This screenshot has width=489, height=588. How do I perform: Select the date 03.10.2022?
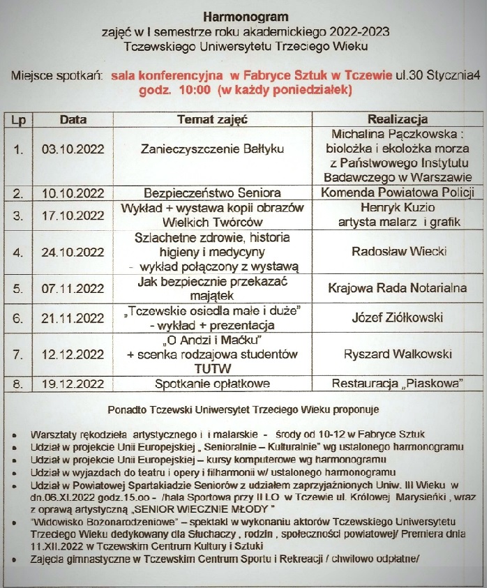tap(73, 149)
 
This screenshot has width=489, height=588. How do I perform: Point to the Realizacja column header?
tap(398, 119)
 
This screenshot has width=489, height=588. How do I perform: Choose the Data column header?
tap(73, 119)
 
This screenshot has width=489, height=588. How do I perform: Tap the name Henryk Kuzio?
tap(398, 208)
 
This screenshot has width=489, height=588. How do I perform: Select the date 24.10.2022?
tap(73, 252)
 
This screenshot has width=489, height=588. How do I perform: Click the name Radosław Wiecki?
tap(398, 252)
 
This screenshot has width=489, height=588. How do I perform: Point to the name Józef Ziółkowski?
tap(398, 318)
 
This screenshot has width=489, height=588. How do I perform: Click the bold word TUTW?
tap(212, 368)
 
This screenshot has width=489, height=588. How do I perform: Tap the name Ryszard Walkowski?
tap(398, 354)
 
